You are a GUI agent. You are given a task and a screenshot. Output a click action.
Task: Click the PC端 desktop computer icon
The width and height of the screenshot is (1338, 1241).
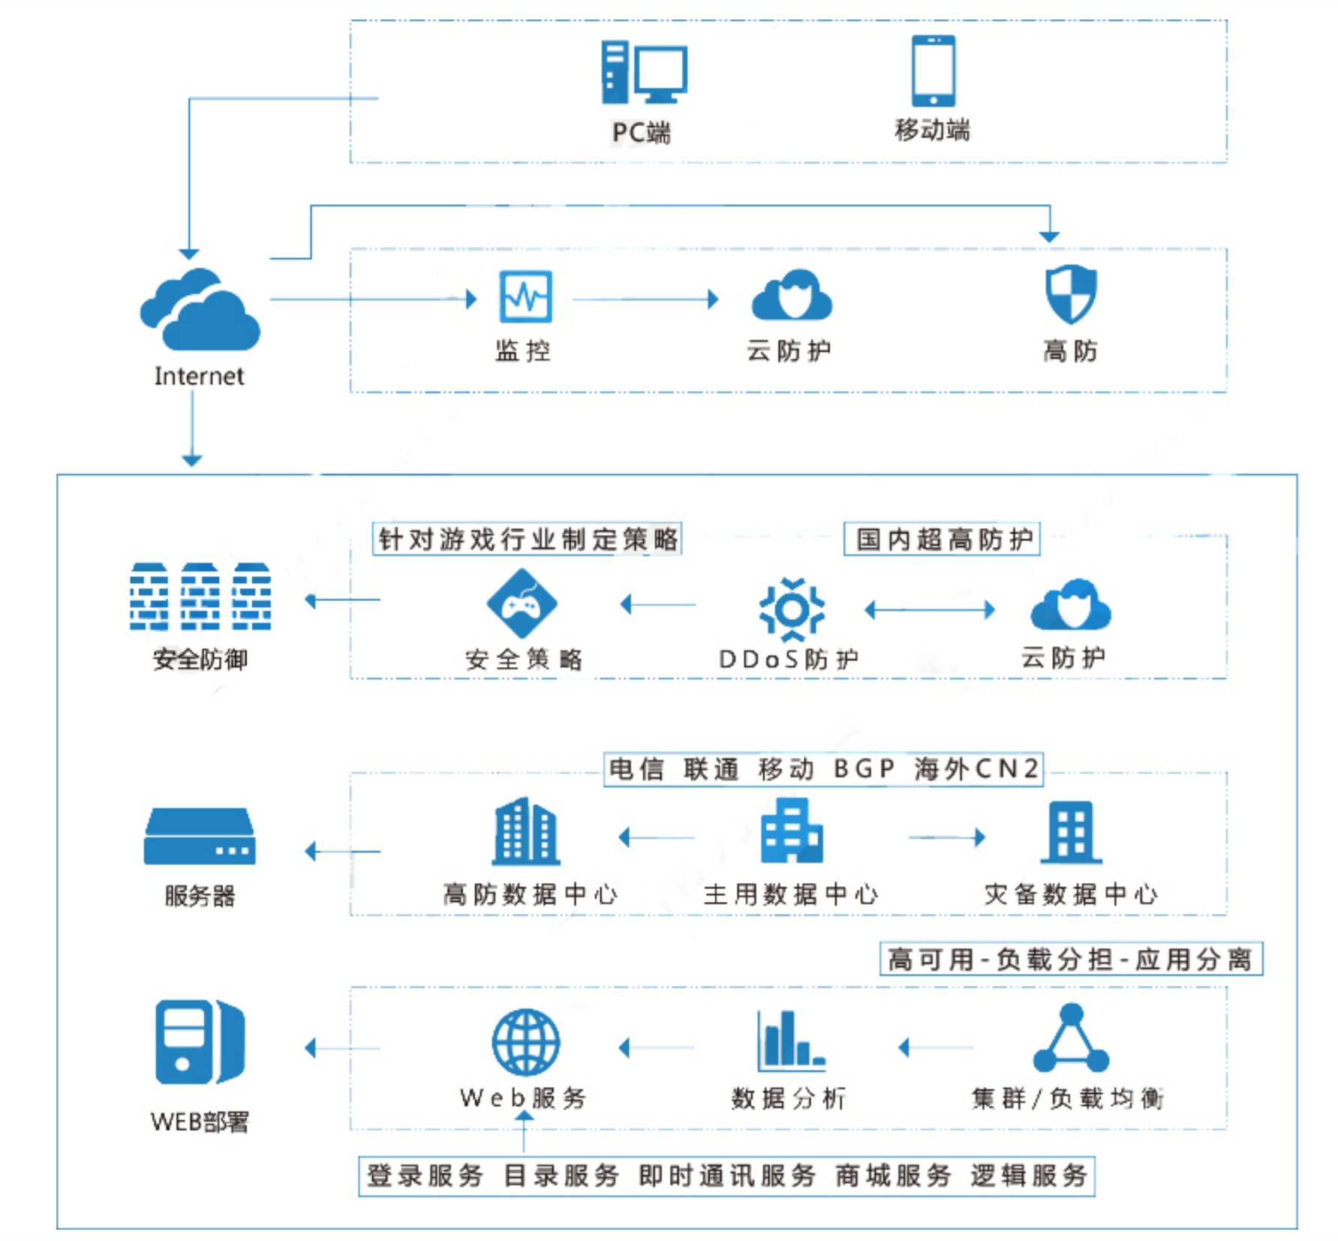point(644,72)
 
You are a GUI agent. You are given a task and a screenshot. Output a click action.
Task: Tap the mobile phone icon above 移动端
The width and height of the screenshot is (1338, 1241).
point(933,71)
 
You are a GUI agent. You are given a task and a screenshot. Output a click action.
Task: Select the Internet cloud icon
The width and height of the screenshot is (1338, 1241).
point(200,310)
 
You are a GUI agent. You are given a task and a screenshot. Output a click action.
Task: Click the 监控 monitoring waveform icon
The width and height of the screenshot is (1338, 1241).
point(525,297)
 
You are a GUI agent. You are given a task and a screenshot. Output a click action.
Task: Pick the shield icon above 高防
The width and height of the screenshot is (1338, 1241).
point(1071,293)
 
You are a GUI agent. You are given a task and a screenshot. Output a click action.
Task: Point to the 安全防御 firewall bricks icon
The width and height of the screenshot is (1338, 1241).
point(200,596)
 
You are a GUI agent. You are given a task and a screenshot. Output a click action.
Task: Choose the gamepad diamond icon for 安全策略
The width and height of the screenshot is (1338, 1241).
point(522,603)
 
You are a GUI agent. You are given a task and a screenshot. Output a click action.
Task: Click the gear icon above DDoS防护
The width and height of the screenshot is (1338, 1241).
point(792,609)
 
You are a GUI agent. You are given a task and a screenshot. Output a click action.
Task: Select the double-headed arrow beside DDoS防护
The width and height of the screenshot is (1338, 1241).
point(930,609)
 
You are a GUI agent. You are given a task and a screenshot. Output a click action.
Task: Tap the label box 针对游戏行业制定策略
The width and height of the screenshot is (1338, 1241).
point(527,539)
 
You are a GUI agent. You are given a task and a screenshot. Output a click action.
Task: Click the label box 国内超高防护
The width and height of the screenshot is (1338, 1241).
point(942,539)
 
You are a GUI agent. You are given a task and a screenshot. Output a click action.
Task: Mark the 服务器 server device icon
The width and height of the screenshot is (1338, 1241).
point(200,836)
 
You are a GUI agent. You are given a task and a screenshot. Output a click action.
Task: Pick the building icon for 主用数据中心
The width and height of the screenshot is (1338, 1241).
point(792,831)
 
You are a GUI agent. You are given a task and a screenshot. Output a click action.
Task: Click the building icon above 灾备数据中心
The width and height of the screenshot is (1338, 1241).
point(1071,832)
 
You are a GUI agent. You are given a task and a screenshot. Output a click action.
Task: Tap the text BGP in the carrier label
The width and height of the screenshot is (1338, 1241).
point(864,768)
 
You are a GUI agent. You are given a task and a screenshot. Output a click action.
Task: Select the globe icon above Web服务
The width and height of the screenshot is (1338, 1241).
point(525,1042)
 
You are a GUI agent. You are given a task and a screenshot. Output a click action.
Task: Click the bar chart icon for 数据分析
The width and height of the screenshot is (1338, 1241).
point(790,1041)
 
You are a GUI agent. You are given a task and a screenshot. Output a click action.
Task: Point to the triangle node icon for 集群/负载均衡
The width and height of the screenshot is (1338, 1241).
point(1071,1039)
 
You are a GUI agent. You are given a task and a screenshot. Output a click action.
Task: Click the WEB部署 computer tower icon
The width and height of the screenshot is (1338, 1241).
point(200,1042)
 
